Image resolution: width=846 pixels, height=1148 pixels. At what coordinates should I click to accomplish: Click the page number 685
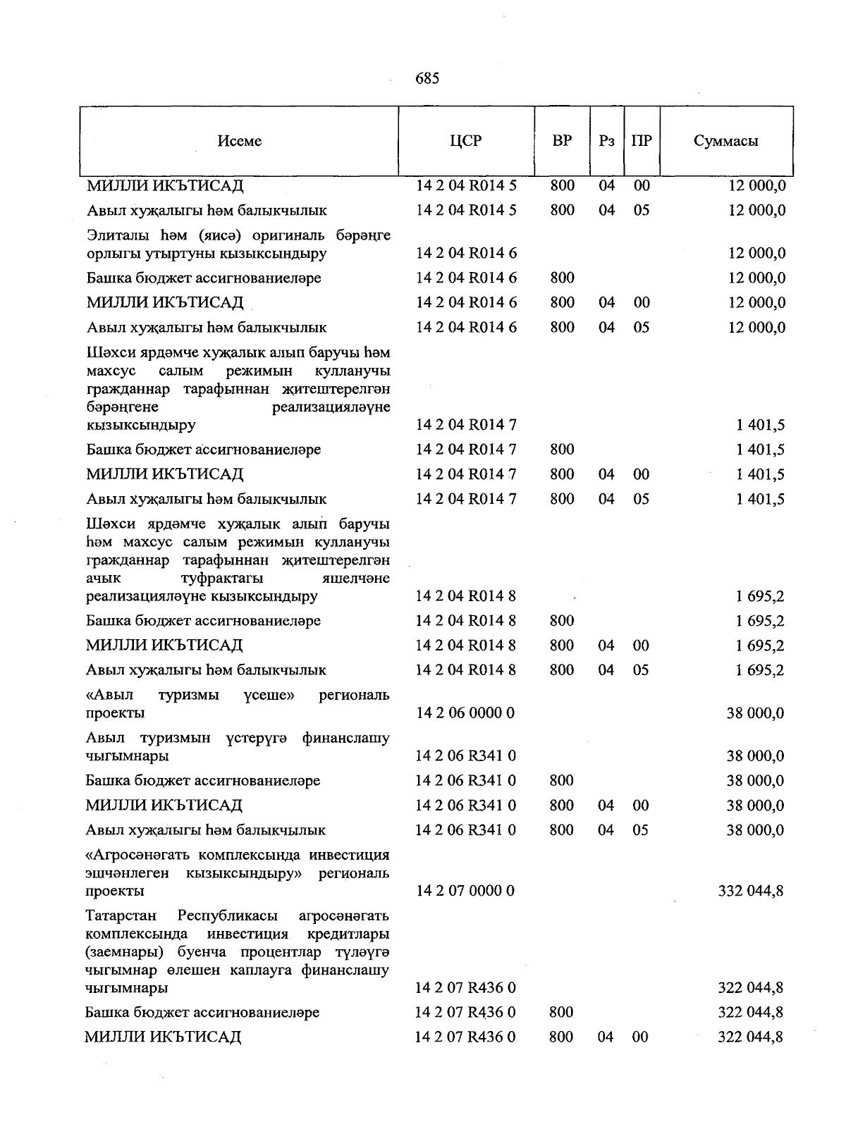click(x=427, y=78)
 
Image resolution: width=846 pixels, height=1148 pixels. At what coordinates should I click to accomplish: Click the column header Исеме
click(x=240, y=141)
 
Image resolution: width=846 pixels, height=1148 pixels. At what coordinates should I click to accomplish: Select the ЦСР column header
click(x=466, y=140)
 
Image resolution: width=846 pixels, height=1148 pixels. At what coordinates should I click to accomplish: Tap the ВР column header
click(x=562, y=140)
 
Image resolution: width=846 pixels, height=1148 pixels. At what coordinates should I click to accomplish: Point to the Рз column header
click(x=606, y=141)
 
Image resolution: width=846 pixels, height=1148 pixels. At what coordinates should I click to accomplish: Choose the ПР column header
click(x=642, y=141)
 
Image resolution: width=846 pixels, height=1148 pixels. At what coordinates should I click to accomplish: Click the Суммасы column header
click(x=726, y=141)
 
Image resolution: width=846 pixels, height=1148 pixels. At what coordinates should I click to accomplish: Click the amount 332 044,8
click(x=750, y=891)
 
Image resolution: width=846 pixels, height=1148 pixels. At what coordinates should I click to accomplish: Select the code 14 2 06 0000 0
click(x=465, y=713)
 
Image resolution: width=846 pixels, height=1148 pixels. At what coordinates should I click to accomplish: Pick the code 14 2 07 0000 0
click(x=465, y=891)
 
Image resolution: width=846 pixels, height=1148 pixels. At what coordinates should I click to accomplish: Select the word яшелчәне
click(x=355, y=578)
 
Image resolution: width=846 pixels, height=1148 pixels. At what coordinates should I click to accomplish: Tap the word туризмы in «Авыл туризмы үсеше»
click(x=188, y=696)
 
